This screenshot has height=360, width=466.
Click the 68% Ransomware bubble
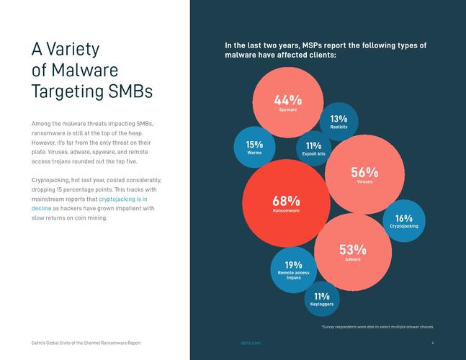click(286, 203)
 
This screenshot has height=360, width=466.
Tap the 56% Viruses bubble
click(364, 175)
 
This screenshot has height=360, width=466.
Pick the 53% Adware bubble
click(353, 252)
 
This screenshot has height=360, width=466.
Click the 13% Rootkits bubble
click(339, 122)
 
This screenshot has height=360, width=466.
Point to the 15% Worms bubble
click(254, 148)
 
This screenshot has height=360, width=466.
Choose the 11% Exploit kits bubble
click(313, 149)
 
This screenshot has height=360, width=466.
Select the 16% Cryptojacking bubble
click(403, 221)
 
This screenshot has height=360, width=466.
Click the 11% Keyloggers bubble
click(321, 299)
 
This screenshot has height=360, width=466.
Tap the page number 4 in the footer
click(433, 343)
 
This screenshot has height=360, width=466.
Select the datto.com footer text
click(251, 343)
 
